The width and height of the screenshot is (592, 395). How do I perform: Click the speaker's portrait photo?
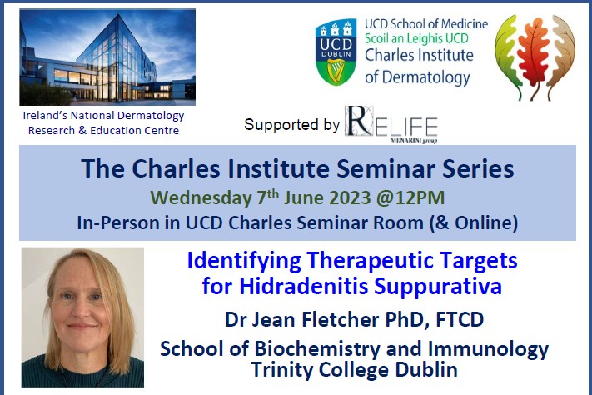pos(82,316)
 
